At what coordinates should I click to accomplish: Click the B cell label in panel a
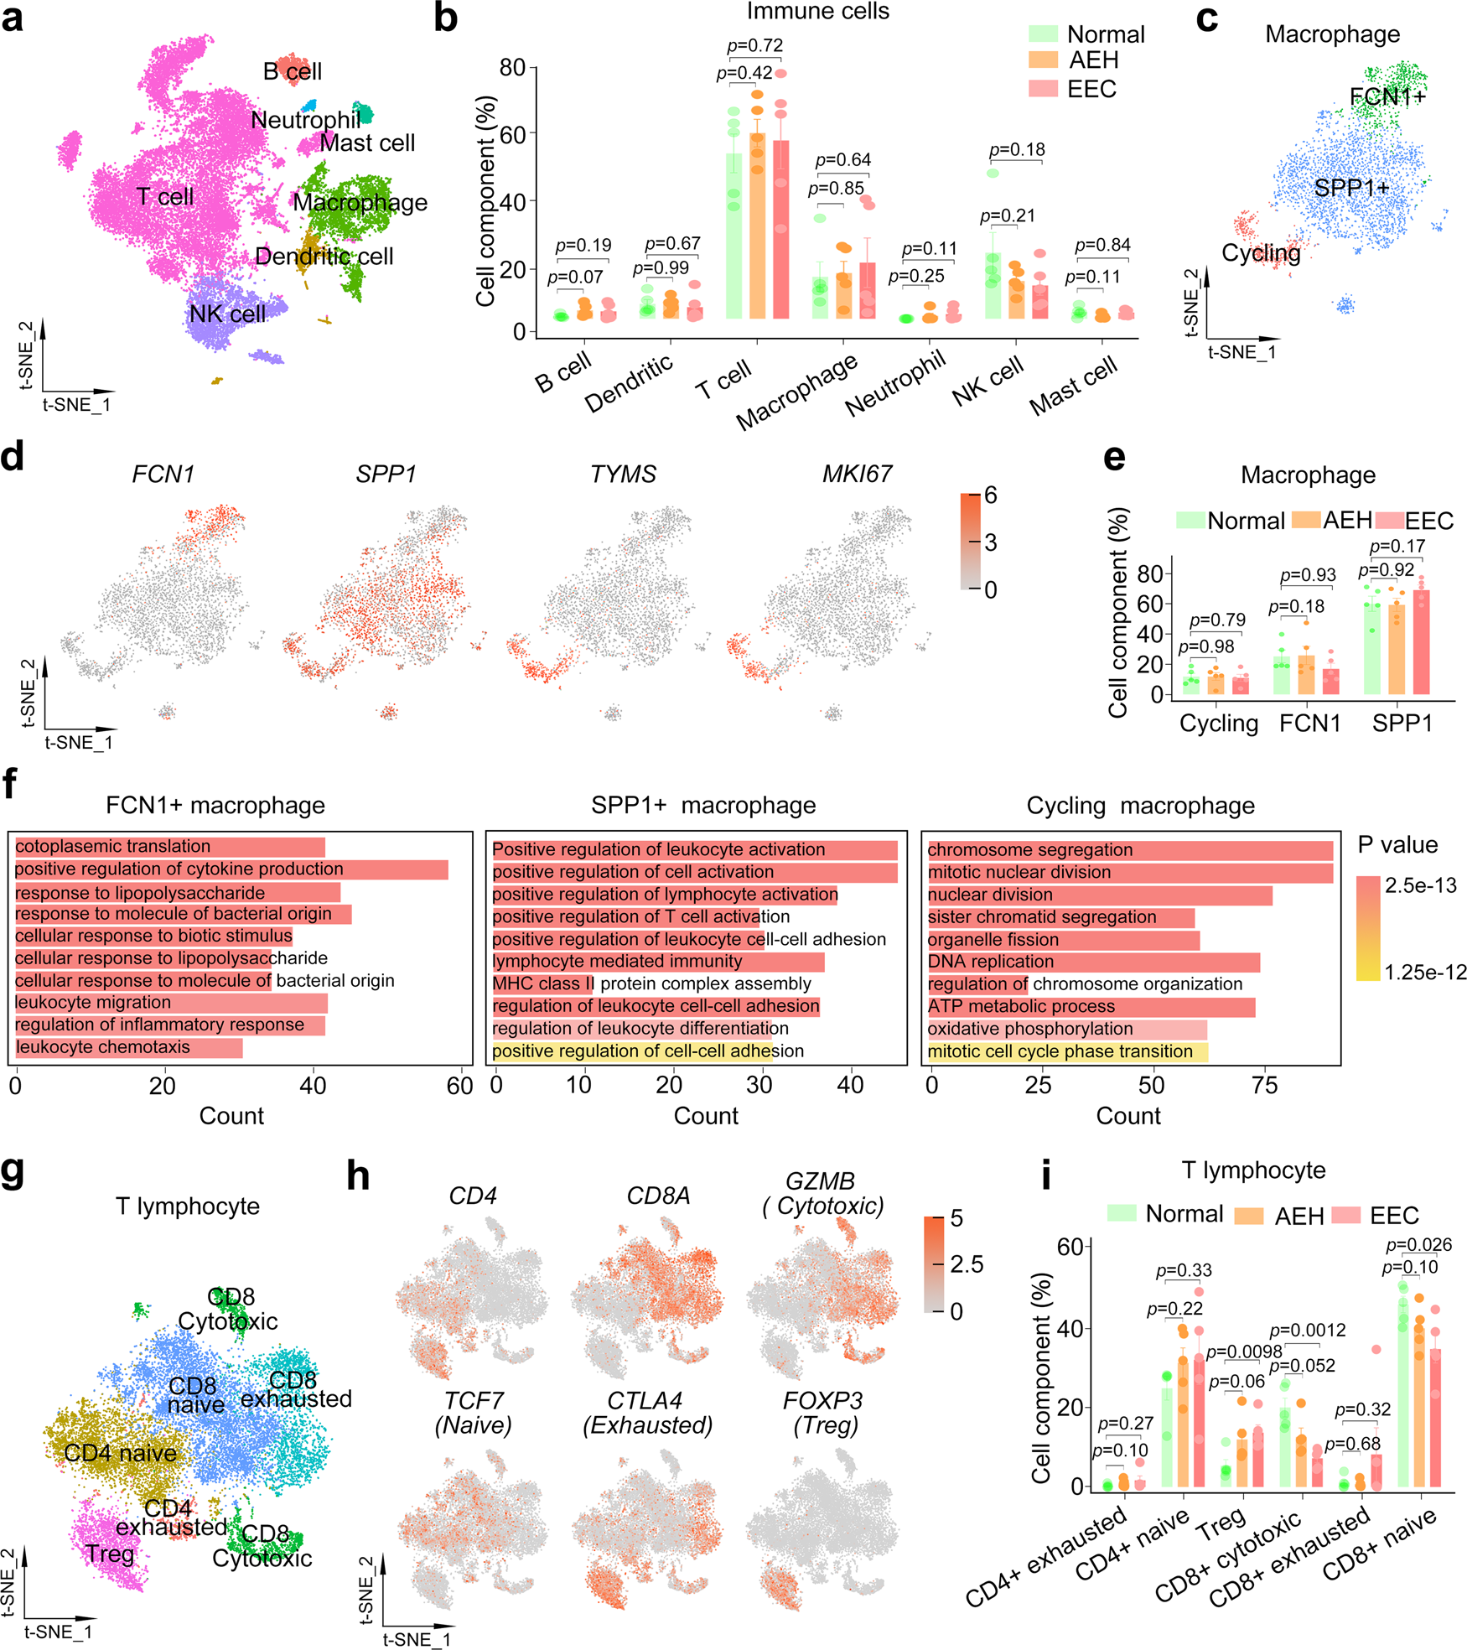point(292,71)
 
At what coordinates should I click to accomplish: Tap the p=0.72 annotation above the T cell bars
point(754,45)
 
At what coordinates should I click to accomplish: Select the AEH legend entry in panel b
point(1093,60)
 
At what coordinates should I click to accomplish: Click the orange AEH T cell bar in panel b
point(757,226)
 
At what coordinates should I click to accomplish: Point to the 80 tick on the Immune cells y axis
point(512,67)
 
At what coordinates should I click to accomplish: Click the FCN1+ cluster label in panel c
point(1387,97)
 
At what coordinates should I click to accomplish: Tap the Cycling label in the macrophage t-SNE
point(1260,252)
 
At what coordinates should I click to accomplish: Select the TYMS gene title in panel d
point(623,475)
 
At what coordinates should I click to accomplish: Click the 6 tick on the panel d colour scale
point(991,496)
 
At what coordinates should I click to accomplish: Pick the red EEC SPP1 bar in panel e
point(1421,642)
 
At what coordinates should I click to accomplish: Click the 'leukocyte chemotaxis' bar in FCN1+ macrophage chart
point(128,1047)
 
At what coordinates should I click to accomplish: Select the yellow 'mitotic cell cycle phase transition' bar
point(1067,1051)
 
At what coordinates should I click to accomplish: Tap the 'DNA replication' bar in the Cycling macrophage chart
point(1093,962)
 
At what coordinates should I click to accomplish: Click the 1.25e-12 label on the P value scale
point(1425,973)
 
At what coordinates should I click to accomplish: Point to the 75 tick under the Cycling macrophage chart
point(1264,1086)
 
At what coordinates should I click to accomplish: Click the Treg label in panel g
point(110,1554)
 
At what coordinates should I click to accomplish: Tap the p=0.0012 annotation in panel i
point(1307,1331)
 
